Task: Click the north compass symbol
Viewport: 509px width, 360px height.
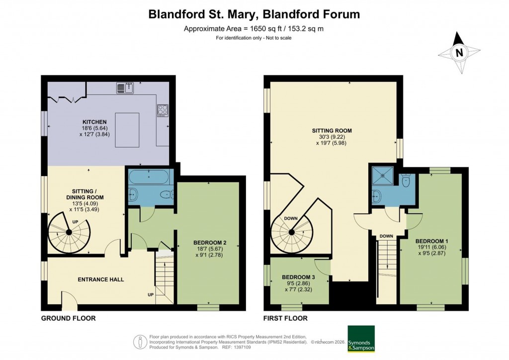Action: click(459, 52)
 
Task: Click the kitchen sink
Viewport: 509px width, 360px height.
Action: click(125, 89)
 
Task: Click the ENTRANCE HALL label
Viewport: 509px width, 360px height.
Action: click(101, 279)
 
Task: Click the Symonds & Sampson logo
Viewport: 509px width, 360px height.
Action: click(360, 339)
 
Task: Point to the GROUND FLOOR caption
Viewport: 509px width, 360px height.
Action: click(68, 318)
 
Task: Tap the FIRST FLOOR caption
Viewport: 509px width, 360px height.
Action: click(286, 318)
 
